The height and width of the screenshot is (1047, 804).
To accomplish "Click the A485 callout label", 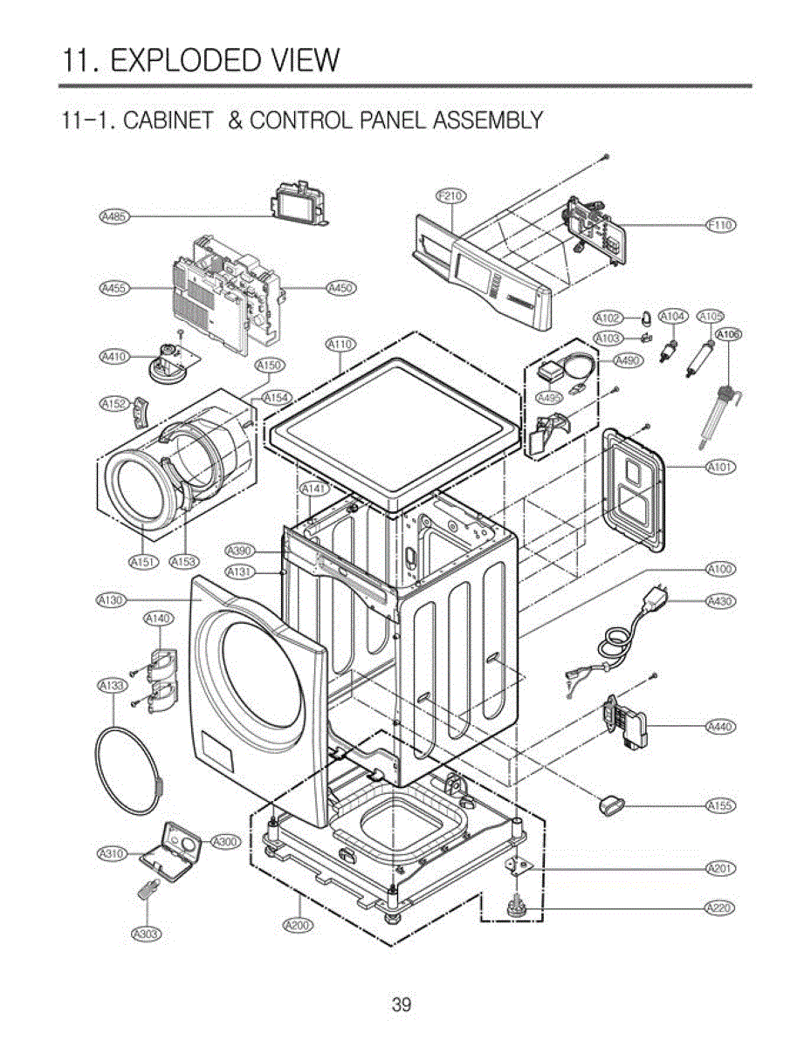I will click(x=113, y=216).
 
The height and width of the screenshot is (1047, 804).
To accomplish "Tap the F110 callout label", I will click(x=720, y=225).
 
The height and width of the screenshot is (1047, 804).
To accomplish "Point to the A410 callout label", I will click(x=113, y=356).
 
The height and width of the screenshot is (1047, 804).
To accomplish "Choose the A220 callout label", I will click(x=720, y=908).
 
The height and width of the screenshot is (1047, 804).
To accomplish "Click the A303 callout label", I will click(x=146, y=934).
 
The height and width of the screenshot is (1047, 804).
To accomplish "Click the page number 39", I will click(x=401, y=1005).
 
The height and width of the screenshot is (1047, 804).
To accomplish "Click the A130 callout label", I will click(x=113, y=600).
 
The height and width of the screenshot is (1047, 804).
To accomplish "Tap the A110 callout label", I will click(x=340, y=345).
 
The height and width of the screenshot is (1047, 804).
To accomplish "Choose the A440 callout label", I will click(x=720, y=726).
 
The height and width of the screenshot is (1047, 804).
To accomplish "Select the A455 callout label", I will click(x=113, y=287).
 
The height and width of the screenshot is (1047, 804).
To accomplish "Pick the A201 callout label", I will click(x=720, y=868).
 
